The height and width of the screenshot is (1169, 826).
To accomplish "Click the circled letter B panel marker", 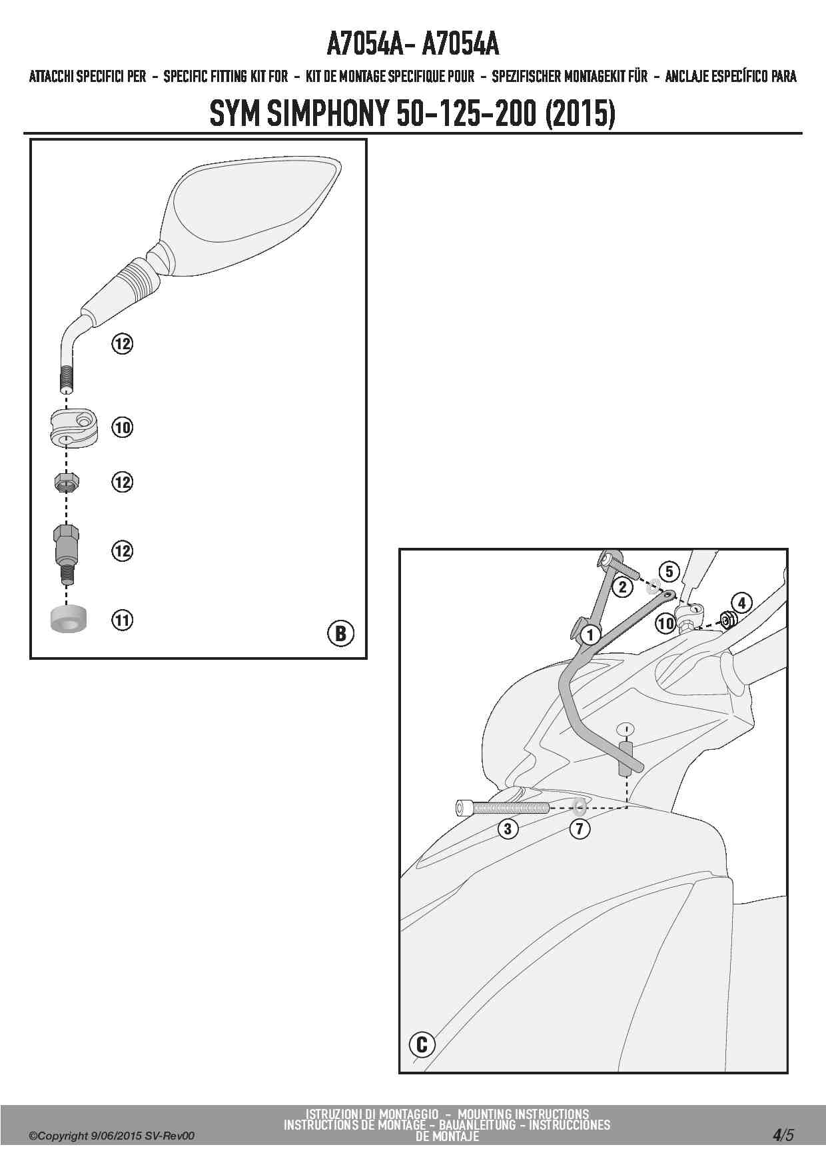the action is (340, 632).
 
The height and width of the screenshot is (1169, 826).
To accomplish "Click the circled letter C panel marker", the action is (422, 1044).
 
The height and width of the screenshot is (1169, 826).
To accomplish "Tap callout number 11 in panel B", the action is (122, 620).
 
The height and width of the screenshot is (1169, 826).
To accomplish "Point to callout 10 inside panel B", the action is (122, 427).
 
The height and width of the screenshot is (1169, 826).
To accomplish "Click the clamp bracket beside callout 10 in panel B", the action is (73, 427).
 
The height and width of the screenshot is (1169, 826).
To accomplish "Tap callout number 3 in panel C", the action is (508, 828).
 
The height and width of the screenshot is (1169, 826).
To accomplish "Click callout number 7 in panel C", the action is (580, 828).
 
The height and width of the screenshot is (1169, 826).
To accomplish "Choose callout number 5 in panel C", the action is (669, 571).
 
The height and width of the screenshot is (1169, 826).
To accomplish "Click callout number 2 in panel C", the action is (622, 586).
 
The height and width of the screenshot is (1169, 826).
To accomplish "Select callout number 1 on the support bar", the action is (590, 634).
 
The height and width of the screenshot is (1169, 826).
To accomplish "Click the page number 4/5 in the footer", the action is (783, 1134).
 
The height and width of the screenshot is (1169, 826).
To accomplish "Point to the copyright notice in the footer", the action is (111, 1136).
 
